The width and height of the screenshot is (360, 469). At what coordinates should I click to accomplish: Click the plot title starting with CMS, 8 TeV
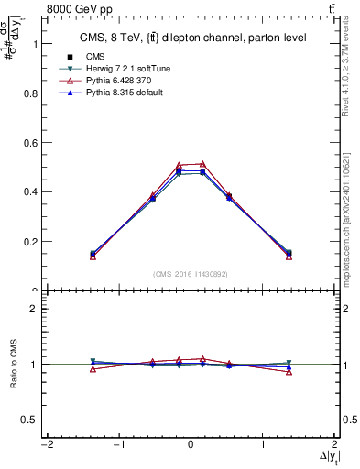191,38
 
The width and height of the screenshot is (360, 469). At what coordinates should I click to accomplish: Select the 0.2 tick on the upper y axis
28,242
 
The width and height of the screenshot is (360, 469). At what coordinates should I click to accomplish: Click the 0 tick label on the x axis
191,444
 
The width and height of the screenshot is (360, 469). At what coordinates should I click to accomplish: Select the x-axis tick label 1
263,444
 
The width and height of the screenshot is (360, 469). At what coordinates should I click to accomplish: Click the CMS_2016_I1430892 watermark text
191,274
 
